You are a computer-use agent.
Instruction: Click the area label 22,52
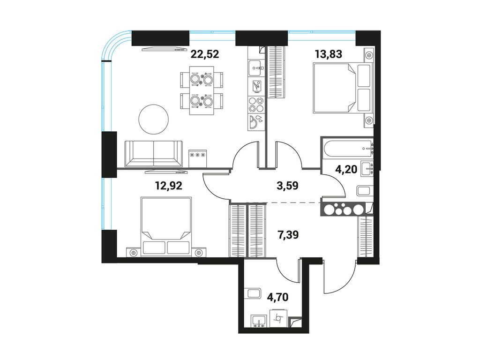tap(205, 54)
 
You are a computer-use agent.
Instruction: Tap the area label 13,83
tap(329, 54)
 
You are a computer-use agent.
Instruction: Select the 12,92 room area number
tap(169, 185)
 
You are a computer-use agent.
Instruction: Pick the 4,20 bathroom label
tap(346, 169)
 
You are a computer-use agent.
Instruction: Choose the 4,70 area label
tap(277, 297)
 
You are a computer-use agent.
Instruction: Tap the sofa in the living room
tap(154, 154)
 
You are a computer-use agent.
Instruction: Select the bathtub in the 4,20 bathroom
tap(347, 148)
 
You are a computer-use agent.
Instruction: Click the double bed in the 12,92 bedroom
tap(166, 226)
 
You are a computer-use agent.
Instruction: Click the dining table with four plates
tap(202, 91)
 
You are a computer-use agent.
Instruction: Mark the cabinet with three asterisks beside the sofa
tap(198, 158)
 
